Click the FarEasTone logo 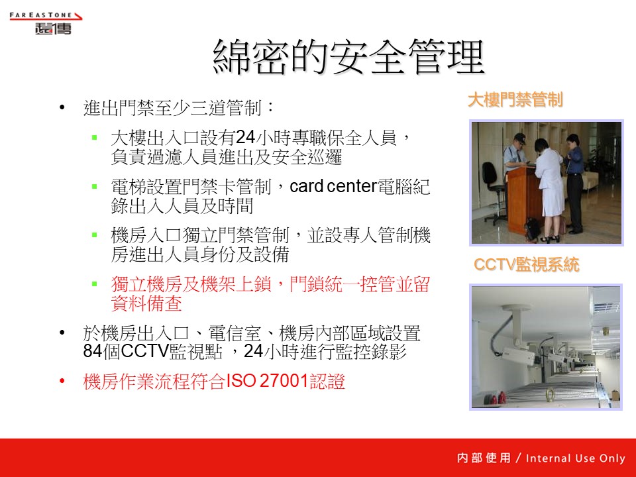coord(46,23)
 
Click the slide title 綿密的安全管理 coord(349,57)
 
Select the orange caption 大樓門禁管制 coord(515,100)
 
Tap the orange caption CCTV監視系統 coord(526,264)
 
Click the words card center coord(333,187)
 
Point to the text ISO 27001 coord(267,381)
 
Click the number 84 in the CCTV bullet coord(93,351)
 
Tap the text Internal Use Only coord(575,458)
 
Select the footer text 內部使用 coord(484,458)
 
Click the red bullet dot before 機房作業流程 coord(62,381)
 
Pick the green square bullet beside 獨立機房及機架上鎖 coord(95,284)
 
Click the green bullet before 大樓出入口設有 coord(95,138)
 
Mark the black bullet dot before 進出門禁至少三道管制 coord(62,107)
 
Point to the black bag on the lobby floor coord(532,229)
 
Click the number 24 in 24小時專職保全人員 coord(245,138)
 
